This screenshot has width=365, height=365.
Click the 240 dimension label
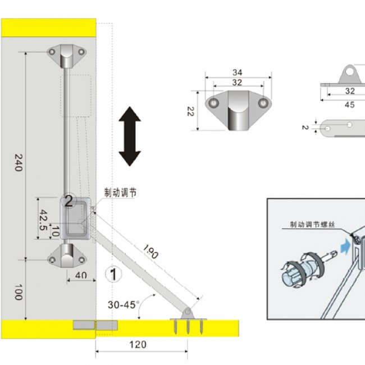(x=18, y=163)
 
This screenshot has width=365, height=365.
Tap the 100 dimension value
(x=18, y=292)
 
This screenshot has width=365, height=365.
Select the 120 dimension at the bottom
(x=138, y=344)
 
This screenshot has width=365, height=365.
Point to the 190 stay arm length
(x=151, y=252)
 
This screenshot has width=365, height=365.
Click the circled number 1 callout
(x=113, y=275)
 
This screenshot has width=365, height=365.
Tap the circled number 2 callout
(x=69, y=200)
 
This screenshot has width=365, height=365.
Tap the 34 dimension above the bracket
(x=238, y=72)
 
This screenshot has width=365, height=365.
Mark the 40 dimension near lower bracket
(x=81, y=275)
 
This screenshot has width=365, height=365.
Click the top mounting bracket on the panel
(x=67, y=54)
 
